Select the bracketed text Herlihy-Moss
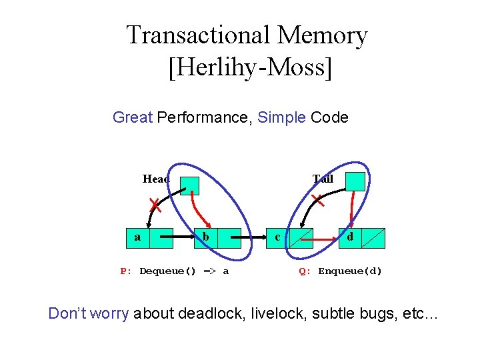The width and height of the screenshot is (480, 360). [x=250, y=67]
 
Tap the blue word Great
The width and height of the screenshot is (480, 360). [x=133, y=118]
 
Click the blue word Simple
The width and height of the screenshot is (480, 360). [x=281, y=118]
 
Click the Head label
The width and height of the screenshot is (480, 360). [x=156, y=179]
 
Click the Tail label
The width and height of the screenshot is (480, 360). [x=323, y=179]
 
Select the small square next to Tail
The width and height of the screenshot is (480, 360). [x=355, y=181]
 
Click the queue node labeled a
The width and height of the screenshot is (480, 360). [x=138, y=237]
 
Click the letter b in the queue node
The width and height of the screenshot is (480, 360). [x=207, y=237]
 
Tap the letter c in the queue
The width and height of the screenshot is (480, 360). [x=278, y=237]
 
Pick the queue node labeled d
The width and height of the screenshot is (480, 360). [x=350, y=237]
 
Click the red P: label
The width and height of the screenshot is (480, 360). [x=127, y=271]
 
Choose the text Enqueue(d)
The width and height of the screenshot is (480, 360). [x=350, y=271]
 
